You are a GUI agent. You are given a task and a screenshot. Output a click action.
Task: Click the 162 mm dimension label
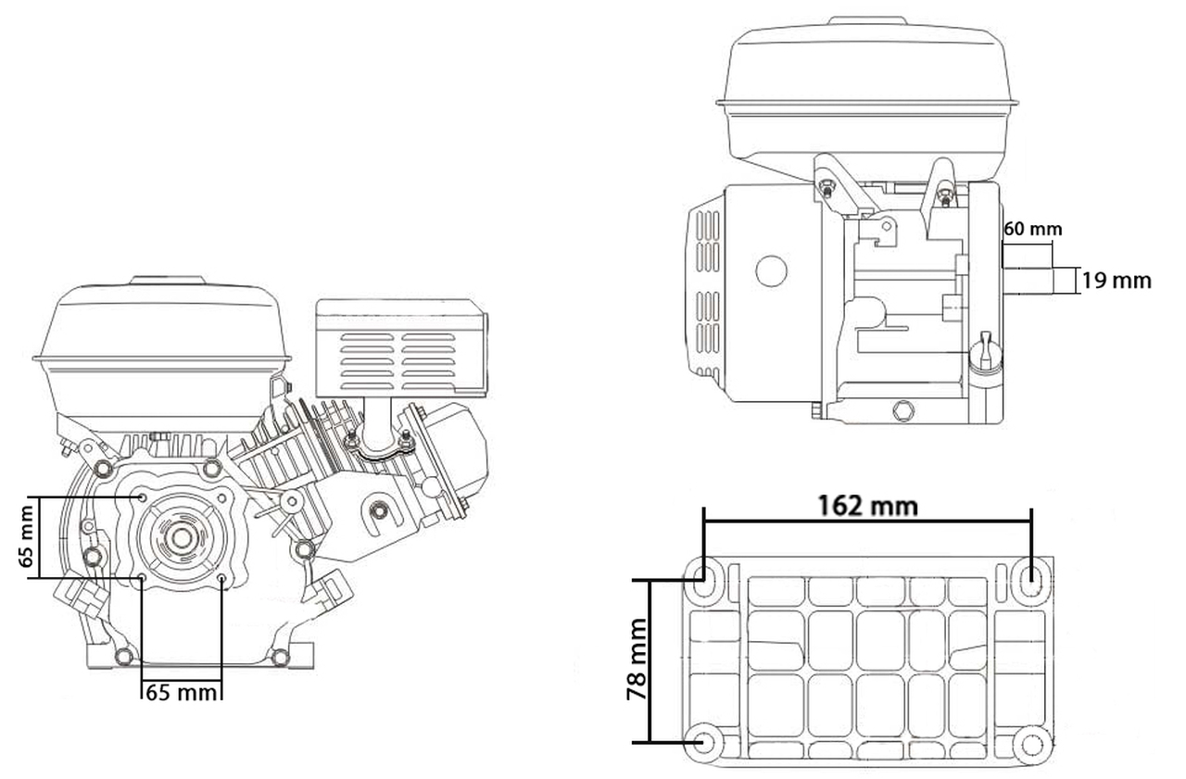867,506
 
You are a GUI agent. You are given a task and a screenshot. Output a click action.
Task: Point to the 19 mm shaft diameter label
1117,279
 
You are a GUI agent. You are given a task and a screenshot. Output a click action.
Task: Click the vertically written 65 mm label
27,537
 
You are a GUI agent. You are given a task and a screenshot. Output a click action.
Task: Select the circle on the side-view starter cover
770,270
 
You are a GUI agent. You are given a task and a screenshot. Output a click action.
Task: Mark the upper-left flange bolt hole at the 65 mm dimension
142,497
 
